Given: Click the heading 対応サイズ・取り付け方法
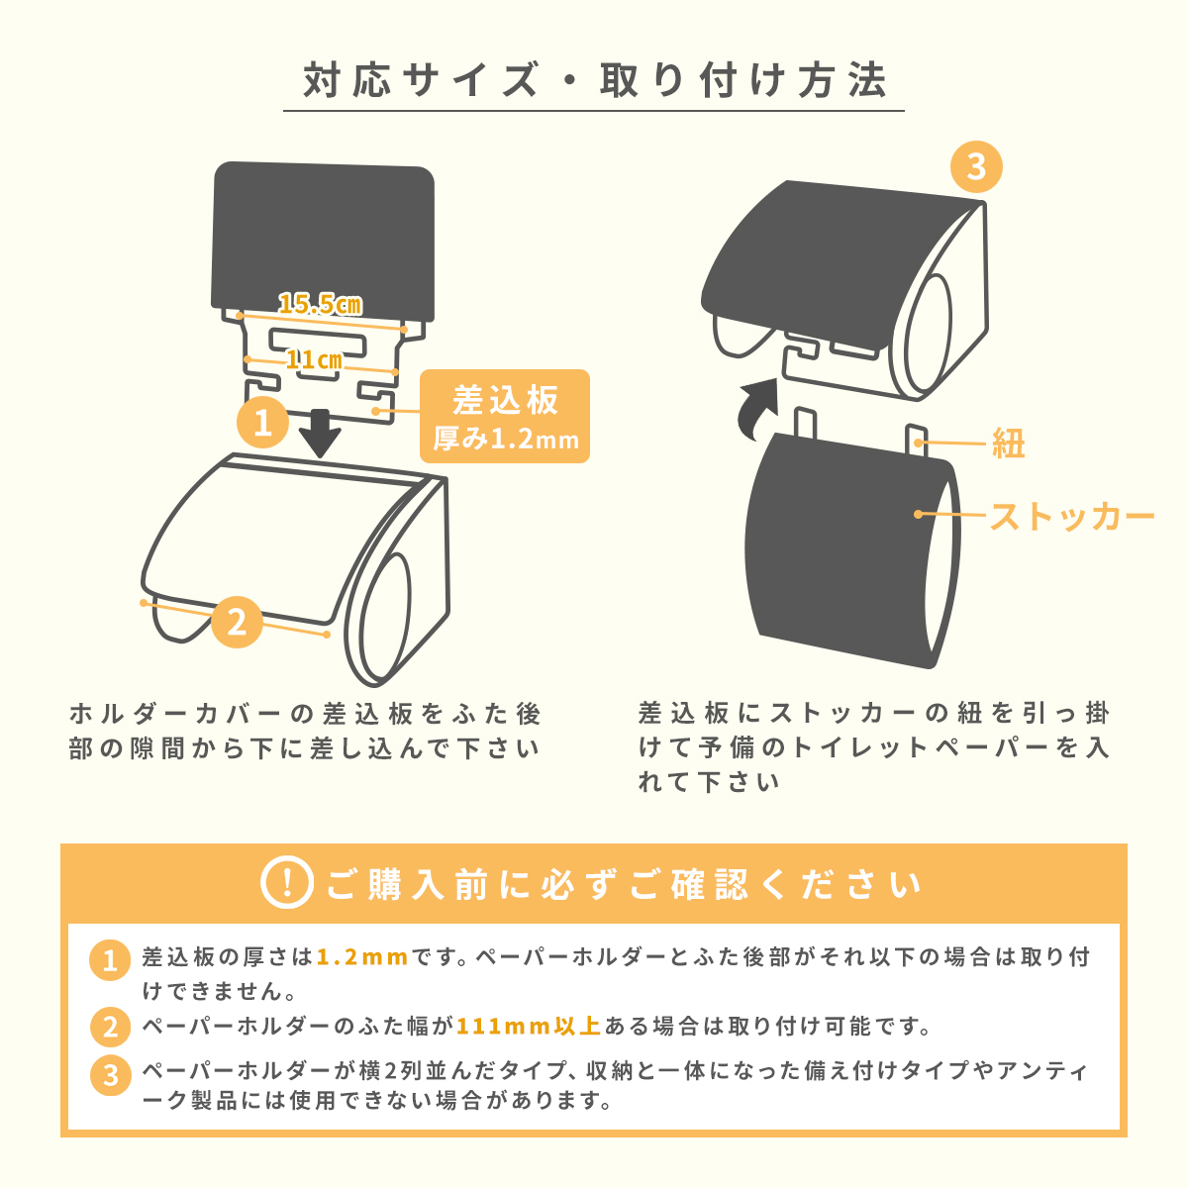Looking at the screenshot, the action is pyautogui.click(x=594, y=80).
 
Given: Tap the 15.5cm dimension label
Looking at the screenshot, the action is pyautogui.click(x=320, y=304).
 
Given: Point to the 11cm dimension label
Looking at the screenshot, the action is pyautogui.click(x=314, y=360).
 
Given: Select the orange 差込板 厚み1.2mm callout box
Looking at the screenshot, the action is pyautogui.click(x=504, y=416).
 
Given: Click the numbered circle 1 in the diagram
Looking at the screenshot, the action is pyautogui.click(x=263, y=423).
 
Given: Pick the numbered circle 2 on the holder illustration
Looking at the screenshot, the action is pyautogui.click(x=238, y=622).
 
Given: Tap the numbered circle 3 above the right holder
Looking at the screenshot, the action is pyautogui.click(x=976, y=166).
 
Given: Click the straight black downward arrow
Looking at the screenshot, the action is pyautogui.click(x=321, y=434).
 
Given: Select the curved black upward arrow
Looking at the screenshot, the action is pyautogui.click(x=758, y=409).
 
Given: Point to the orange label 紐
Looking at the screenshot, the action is pyautogui.click(x=1009, y=444).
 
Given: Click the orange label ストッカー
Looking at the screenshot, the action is pyautogui.click(x=1072, y=516).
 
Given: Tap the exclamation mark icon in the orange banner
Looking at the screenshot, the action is pyautogui.click(x=287, y=882).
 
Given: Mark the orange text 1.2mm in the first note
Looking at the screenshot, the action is pyautogui.click(x=362, y=957).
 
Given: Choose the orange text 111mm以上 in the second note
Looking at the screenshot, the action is pyautogui.click(x=529, y=1026).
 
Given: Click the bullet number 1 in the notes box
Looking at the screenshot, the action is pyautogui.click(x=110, y=960).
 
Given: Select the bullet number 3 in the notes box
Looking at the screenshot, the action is pyautogui.click(x=110, y=1076).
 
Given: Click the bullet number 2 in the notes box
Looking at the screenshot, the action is pyautogui.click(x=110, y=1027).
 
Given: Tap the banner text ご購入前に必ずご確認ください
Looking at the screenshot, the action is pyautogui.click(x=624, y=883).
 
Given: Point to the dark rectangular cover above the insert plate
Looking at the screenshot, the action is pyautogui.click(x=323, y=242).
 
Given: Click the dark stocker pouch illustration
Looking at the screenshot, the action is pyautogui.click(x=852, y=550).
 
